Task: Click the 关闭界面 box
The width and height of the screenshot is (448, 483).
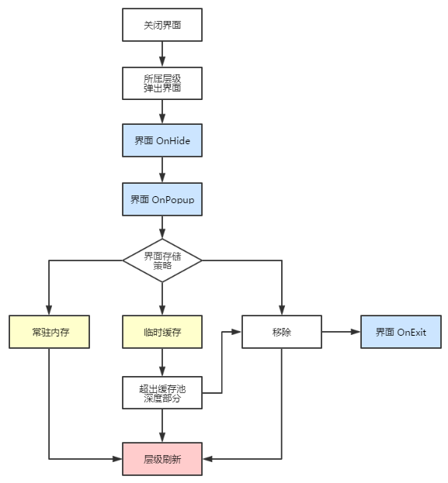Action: pyautogui.click(x=162, y=25)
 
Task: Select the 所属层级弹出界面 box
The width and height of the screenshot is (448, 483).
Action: pyautogui.click(x=162, y=83)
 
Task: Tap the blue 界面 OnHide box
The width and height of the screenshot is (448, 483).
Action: pyautogui.click(x=162, y=140)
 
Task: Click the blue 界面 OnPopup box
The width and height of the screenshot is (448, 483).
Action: pyautogui.click(x=162, y=199)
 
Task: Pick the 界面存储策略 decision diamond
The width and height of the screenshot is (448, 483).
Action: pyautogui.click(x=162, y=260)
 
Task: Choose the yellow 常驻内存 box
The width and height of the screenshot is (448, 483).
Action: pyautogui.click(x=50, y=332)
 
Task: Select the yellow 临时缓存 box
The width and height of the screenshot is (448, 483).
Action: pyautogui.click(x=162, y=332)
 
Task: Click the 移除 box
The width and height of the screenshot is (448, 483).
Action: pyautogui.click(x=282, y=332)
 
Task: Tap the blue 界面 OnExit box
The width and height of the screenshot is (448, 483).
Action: pyautogui.click(x=401, y=332)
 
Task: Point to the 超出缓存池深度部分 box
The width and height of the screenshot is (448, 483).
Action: pyautogui.click(x=162, y=393)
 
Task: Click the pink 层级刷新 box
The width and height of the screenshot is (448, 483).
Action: pyautogui.click(x=162, y=459)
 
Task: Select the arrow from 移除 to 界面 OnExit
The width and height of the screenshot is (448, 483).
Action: pyautogui.click(x=342, y=332)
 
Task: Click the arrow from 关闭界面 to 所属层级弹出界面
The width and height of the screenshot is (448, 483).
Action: pyautogui.click(x=162, y=54)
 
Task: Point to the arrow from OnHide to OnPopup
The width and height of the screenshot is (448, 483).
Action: pyautogui.click(x=162, y=170)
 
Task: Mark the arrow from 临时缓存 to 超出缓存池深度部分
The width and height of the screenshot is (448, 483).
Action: pyautogui.click(x=162, y=362)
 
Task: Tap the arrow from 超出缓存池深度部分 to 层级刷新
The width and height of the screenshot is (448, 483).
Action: pyautogui.click(x=162, y=426)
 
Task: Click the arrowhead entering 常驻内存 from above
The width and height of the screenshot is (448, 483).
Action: pyautogui.click(x=49, y=310)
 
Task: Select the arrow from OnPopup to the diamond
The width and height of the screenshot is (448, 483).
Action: pyautogui.click(x=162, y=227)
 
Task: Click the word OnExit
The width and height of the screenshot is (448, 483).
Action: pyautogui.click(x=412, y=332)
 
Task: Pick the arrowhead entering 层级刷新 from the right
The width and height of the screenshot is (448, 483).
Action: pyautogui.click(x=207, y=459)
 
